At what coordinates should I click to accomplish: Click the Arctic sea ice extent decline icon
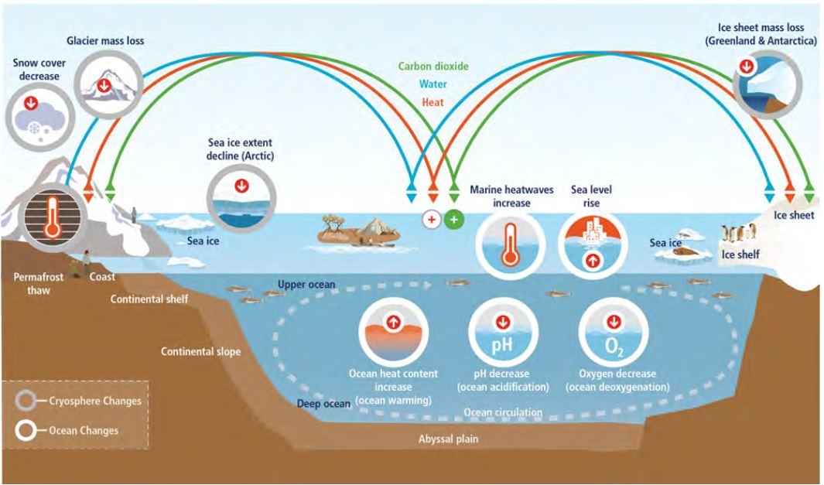click(242, 200)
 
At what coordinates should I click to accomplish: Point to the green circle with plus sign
click(453, 219)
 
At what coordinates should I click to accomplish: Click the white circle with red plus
click(431, 219)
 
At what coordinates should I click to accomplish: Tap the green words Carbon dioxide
click(433, 66)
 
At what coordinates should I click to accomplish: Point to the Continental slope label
click(200, 352)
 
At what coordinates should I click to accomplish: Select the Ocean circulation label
click(503, 413)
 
